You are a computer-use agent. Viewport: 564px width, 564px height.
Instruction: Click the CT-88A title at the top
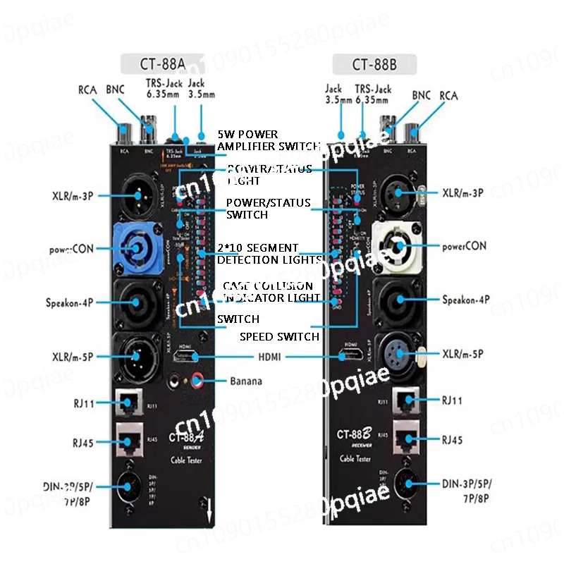coord(163,64)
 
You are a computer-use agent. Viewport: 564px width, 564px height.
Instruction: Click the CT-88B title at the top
coord(374,66)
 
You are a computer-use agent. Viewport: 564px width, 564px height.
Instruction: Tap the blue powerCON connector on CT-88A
coord(134,247)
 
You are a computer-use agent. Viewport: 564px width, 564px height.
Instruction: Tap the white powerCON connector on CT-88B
coord(396,248)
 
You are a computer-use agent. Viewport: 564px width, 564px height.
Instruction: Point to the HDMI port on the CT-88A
coord(184,356)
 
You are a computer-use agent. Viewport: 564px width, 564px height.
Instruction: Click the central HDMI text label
coord(269,357)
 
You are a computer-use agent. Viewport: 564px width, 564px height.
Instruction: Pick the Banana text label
coord(246,381)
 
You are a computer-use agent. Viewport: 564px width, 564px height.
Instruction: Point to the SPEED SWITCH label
coord(279,336)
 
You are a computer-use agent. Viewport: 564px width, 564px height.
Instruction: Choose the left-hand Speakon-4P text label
coord(66,304)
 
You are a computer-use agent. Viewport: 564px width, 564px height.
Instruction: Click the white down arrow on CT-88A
coord(209,510)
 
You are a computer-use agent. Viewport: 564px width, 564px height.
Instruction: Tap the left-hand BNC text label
coord(115,89)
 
